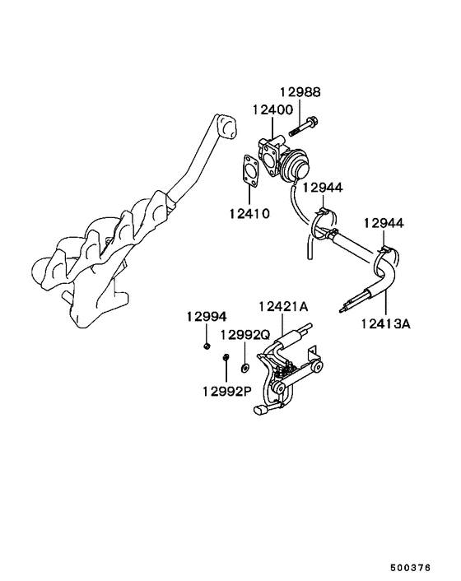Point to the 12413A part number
coord(384,323)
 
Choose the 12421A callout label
coord(282,307)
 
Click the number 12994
coord(205,316)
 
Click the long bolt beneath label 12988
coord(305,128)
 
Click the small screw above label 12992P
coord(226,359)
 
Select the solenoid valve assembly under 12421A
coord(285,366)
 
